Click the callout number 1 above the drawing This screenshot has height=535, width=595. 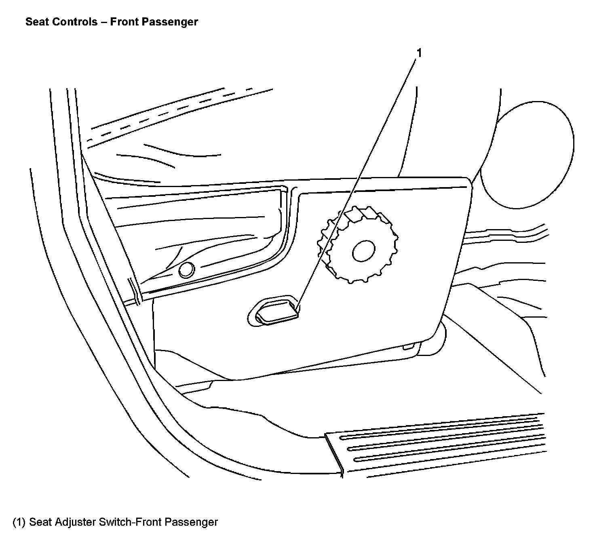click(419, 53)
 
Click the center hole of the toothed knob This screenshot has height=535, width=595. click(364, 251)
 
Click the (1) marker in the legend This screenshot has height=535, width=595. click(19, 522)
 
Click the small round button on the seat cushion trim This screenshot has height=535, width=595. click(186, 270)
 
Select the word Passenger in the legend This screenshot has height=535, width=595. click(192, 522)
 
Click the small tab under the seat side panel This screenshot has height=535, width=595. click(409, 347)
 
